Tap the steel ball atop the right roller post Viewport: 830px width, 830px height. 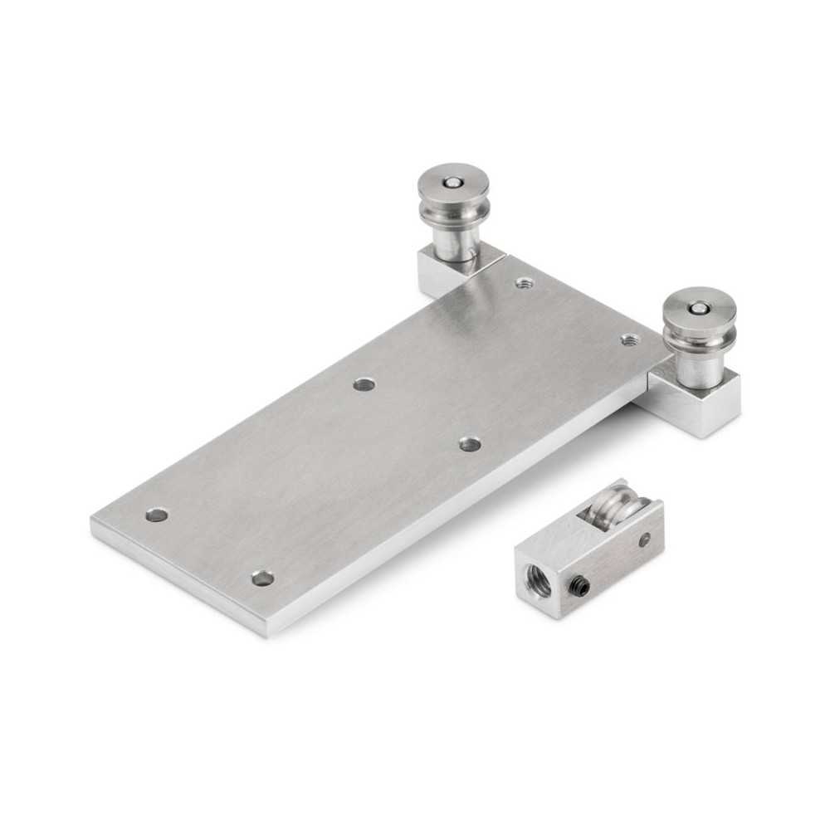699,309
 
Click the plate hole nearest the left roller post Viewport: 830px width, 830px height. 524,283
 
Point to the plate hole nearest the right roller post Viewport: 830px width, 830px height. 630,339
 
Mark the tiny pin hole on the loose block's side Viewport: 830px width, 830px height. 646,540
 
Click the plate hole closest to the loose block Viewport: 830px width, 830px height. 470,444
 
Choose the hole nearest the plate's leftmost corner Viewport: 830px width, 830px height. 156,515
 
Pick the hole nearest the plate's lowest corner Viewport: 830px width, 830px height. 262,577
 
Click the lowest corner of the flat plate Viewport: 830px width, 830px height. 266,635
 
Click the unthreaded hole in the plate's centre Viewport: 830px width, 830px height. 364,384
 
